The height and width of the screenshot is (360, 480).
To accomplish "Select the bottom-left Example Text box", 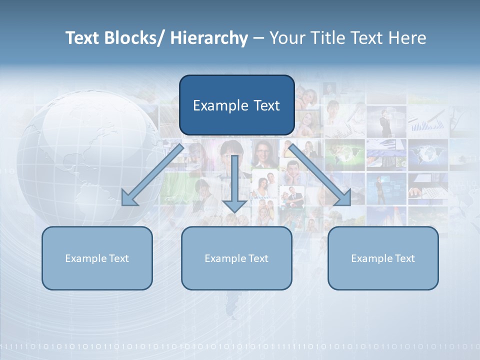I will (97, 258).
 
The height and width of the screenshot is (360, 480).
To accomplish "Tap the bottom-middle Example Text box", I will (236, 258).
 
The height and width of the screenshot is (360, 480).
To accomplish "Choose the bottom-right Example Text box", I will (383, 258).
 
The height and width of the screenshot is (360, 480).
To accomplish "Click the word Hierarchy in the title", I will (209, 38).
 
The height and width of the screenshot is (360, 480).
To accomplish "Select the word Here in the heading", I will (407, 38).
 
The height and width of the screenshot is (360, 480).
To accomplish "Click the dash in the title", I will (258, 38).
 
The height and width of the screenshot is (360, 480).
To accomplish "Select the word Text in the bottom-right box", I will (404, 258).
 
